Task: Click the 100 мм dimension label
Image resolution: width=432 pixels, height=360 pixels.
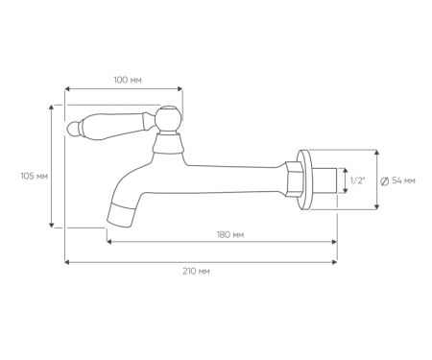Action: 128,80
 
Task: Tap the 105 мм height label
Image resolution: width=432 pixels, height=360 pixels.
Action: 34,176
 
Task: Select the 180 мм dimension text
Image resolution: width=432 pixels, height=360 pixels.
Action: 230,235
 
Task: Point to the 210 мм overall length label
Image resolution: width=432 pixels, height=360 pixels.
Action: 196,272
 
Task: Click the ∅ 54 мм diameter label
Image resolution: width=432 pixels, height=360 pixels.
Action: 397,180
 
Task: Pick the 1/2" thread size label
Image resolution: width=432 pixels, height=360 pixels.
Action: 357,180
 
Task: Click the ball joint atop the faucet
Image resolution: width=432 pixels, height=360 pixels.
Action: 169,118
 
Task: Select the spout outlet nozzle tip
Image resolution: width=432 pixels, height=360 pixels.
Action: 120,215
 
